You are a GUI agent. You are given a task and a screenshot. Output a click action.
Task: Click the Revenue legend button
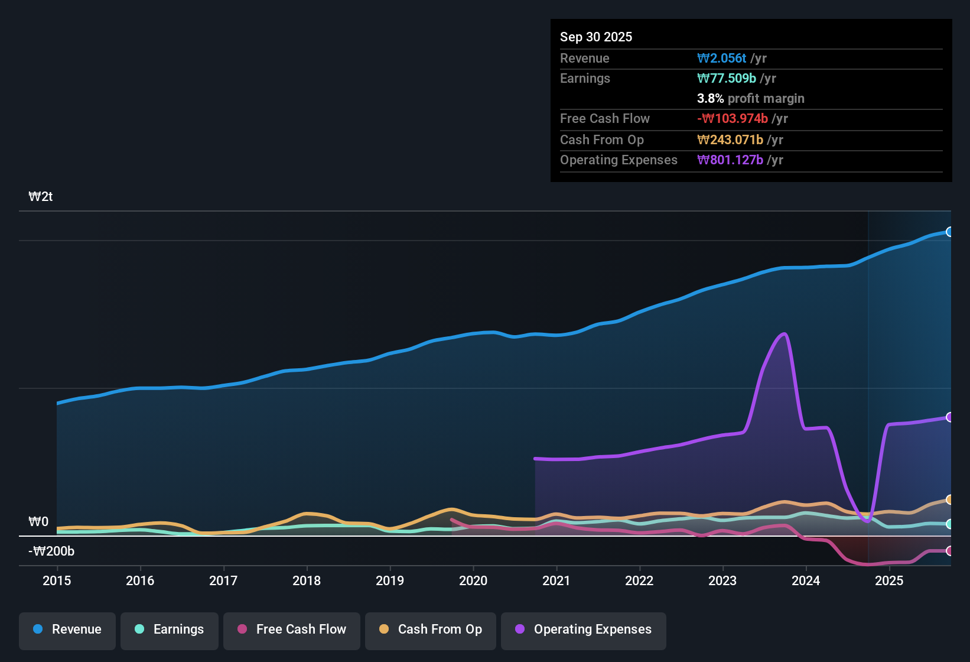click(67, 629)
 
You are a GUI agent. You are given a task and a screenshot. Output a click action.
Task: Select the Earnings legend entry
click(170, 629)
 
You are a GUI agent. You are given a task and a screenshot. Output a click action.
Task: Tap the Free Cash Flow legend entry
click(292, 629)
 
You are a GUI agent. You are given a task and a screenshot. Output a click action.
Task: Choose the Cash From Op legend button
click(431, 629)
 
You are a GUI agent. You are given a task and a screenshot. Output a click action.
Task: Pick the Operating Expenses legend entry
click(584, 629)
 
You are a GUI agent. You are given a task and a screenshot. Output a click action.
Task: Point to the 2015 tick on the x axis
click(57, 580)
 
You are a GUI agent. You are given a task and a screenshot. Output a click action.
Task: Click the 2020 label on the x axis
click(473, 580)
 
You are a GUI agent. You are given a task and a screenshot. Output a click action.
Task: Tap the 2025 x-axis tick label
click(889, 580)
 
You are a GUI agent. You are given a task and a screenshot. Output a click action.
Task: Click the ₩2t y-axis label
click(41, 197)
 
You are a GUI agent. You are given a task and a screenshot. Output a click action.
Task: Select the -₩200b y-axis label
click(51, 551)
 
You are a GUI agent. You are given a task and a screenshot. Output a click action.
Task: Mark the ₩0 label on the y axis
click(38, 522)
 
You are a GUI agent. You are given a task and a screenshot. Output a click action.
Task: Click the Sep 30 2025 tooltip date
click(596, 37)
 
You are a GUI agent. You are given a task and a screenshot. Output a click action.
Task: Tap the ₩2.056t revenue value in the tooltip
click(722, 58)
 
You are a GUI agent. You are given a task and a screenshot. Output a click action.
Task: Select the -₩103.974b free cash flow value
click(733, 119)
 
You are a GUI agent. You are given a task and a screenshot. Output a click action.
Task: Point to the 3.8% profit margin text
click(750, 99)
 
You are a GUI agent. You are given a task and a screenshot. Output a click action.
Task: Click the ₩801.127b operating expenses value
click(730, 160)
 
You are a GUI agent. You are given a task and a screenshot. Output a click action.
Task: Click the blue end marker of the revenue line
click(949, 232)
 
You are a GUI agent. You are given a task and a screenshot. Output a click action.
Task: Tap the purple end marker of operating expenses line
click(949, 417)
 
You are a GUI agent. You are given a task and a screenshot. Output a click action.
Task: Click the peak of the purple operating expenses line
click(785, 334)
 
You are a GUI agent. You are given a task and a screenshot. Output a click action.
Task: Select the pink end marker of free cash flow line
click(949, 551)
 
